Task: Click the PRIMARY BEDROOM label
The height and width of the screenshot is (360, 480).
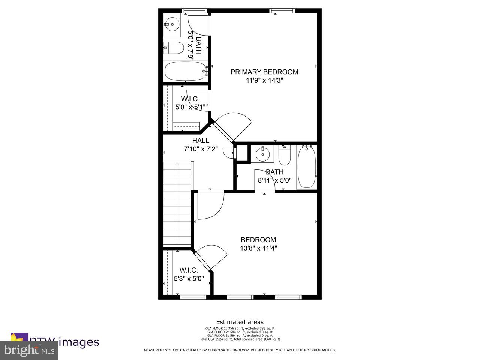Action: coord(264,72)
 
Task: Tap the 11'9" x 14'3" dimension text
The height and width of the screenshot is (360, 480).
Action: coord(264,80)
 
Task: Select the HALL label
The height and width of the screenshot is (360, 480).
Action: coord(201,141)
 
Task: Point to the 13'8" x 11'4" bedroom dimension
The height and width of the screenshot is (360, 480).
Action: coord(258,248)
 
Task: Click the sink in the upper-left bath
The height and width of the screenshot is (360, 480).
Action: coord(171,25)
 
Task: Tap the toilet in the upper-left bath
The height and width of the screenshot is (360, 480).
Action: coord(173,48)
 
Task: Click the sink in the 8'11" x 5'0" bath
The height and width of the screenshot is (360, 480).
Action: coord(262,154)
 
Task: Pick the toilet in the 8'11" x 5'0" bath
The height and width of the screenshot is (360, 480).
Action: coord(285,156)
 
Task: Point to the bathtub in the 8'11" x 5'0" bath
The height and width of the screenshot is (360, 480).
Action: coord(306,167)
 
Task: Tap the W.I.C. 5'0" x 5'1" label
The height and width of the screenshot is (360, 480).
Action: coord(190,103)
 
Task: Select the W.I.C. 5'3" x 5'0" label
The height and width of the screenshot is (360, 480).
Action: coord(189,274)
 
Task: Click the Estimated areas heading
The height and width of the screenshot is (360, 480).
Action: coord(240,322)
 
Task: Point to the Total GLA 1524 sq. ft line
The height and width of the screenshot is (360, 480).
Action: coord(240,339)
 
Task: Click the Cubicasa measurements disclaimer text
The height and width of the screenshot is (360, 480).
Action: coord(240,350)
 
